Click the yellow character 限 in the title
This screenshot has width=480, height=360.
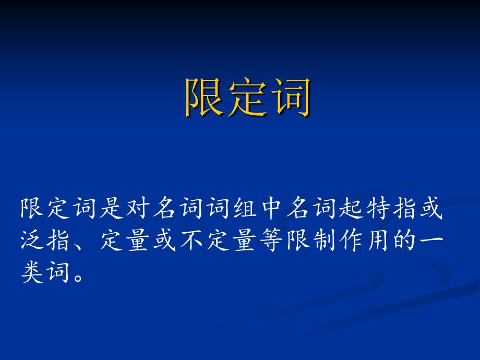point(203,97)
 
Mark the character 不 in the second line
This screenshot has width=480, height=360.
point(191,240)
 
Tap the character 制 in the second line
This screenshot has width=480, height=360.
point(325,240)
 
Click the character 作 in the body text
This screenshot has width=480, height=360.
point(351,240)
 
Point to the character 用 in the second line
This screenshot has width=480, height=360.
point(378,240)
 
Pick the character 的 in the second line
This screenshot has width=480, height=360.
point(404,240)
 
